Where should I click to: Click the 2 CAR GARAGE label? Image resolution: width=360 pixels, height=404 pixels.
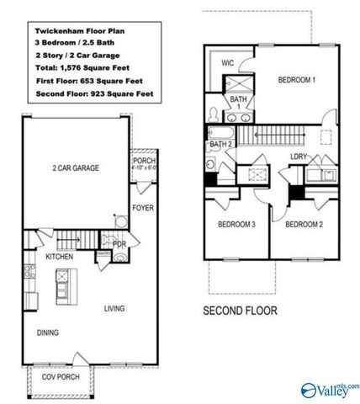coord(75,168)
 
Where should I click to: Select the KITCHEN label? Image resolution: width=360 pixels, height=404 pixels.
coord(60,256)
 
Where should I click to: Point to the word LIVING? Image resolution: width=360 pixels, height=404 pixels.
coord(114,309)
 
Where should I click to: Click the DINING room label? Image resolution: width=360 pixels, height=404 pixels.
coord(47,333)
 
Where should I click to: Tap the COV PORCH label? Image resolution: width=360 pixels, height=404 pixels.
coord(61,377)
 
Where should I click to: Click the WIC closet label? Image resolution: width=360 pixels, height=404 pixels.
coord(227,62)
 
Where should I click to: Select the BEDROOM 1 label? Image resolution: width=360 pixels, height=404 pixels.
coord(297,81)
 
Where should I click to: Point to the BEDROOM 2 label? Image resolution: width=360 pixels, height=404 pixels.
coord(303,225)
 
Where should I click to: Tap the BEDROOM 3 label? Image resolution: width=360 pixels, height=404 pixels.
coord(236,225)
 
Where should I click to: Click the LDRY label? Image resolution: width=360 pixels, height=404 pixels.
coord(298,157)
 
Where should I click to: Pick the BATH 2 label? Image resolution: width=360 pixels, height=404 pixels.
coord(220,145)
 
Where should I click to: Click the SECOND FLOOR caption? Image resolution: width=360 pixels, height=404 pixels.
coord(240,311)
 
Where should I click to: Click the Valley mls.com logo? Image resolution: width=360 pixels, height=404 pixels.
coord(329,390)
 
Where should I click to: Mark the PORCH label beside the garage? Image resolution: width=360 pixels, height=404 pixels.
coord(144,162)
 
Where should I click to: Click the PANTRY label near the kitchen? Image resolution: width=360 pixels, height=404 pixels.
coord(104,252)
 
